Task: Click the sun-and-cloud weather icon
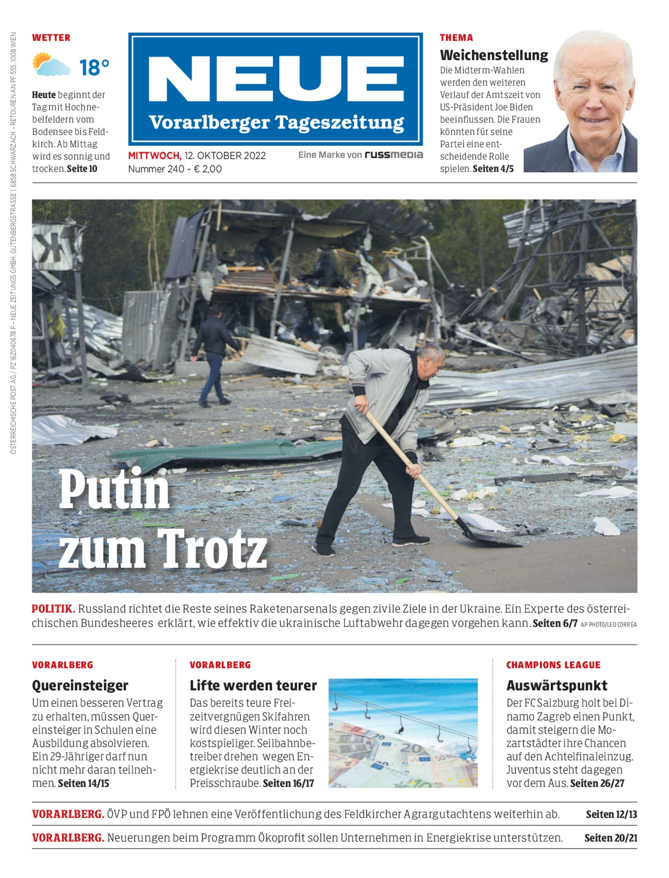tap(51, 65)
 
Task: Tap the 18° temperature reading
tap(94, 67)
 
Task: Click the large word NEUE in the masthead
tap(275, 80)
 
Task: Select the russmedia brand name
tap(394, 155)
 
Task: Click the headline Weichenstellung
tap(494, 55)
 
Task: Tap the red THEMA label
tap(456, 38)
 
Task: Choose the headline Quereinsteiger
tap(80, 685)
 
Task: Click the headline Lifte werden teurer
tap(253, 685)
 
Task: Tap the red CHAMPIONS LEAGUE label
tap(553, 665)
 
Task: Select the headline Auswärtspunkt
tap(557, 685)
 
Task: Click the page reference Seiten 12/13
tap(611, 814)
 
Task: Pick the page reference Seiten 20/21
tap(610, 838)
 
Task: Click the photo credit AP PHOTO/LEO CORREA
tap(609, 625)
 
